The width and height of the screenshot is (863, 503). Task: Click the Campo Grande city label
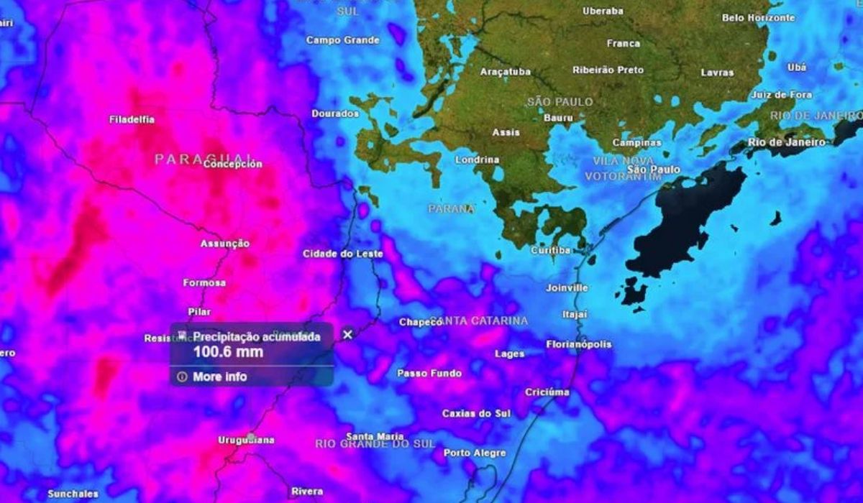click(x=342, y=40)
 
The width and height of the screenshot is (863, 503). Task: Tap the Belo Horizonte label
click(x=759, y=17)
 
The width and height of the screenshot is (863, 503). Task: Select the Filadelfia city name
click(x=133, y=119)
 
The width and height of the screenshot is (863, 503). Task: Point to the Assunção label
click(x=225, y=244)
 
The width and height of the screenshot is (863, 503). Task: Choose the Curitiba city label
click(x=550, y=250)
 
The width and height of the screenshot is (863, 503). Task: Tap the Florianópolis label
click(x=579, y=344)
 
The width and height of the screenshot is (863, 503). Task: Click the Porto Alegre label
click(x=475, y=453)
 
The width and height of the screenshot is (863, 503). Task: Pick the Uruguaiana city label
click(x=247, y=440)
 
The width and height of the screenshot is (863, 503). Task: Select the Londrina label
click(x=478, y=160)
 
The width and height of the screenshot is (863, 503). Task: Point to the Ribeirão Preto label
click(x=608, y=70)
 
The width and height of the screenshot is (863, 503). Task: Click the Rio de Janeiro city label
click(x=786, y=142)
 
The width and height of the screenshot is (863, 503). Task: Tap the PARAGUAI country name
click(x=204, y=158)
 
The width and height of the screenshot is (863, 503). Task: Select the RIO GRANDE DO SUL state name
click(x=375, y=444)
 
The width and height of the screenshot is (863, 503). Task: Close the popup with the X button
click(x=348, y=334)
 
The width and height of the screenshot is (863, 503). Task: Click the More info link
click(x=219, y=377)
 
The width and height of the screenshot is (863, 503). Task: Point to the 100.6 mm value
click(x=228, y=352)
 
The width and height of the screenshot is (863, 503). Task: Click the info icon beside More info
click(x=181, y=377)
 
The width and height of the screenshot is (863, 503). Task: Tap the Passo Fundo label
click(x=429, y=374)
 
